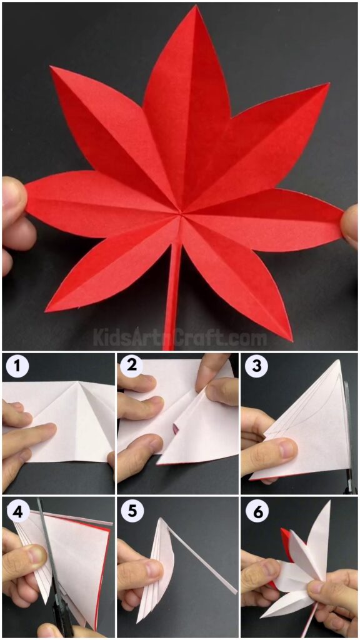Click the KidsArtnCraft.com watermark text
[180, 338]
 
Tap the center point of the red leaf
[181, 214]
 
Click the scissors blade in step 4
[45, 537]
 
